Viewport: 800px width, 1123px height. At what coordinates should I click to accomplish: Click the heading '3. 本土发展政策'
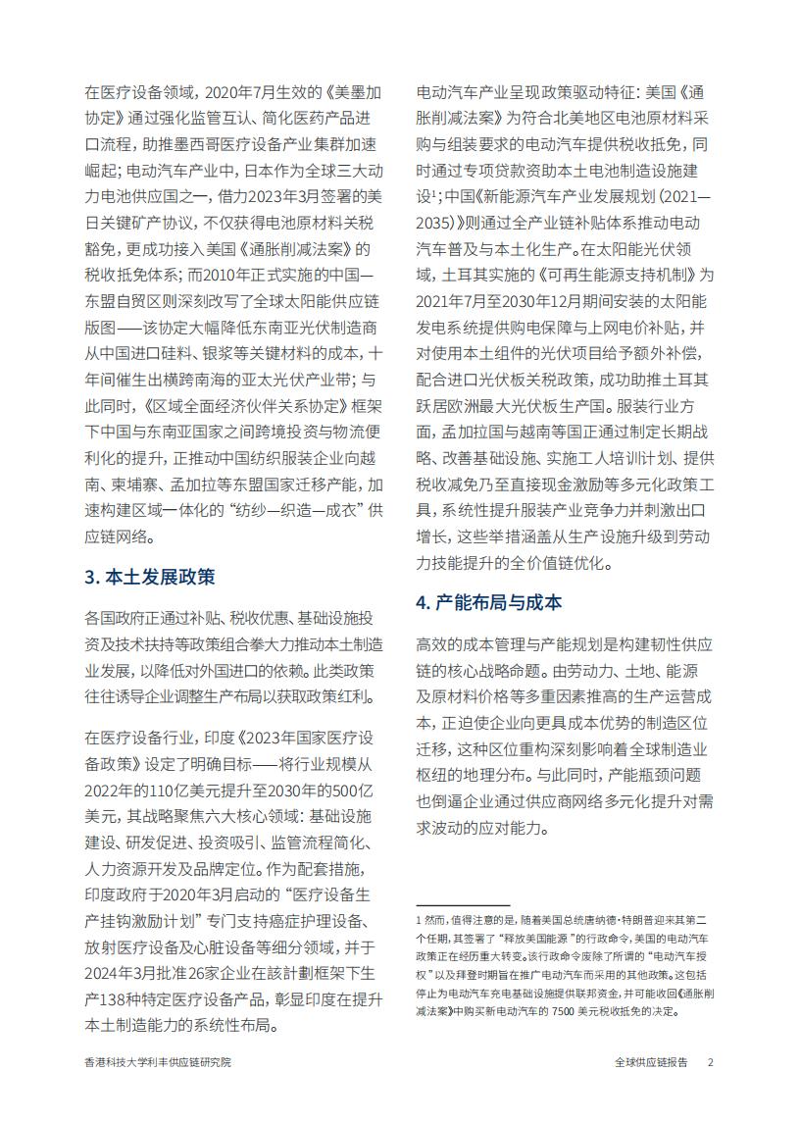point(149,577)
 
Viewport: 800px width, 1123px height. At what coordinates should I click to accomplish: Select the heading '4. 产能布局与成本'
point(489,602)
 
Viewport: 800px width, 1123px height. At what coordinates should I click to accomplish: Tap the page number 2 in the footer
point(711,1062)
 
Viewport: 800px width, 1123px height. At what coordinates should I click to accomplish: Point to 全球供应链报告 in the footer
point(651,1062)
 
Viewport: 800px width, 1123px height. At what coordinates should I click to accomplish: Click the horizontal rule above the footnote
point(463,905)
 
